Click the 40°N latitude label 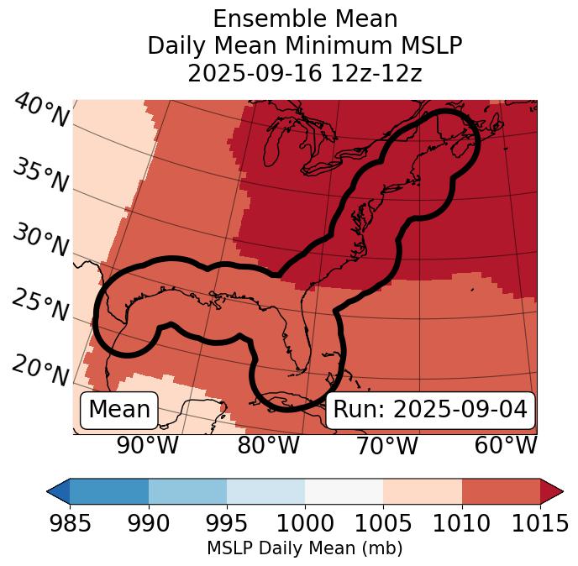point(41,111)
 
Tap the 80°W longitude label point(269,446)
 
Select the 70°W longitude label point(387,446)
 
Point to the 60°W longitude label point(506,446)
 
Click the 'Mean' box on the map point(119,410)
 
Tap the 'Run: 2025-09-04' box point(430,410)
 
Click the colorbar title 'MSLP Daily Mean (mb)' point(305,548)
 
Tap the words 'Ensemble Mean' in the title point(305,18)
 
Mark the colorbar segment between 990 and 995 point(187,490)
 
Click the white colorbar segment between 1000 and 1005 point(344,490)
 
